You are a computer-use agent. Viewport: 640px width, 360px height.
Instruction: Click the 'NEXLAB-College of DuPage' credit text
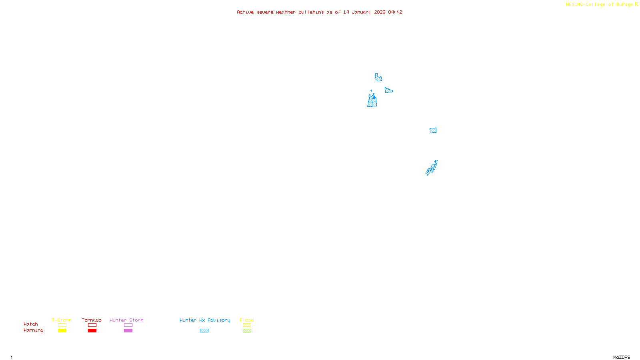(599, 5)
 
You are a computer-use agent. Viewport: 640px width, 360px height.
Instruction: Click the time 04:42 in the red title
(395, 12)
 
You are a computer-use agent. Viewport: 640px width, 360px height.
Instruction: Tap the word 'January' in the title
(361, 12)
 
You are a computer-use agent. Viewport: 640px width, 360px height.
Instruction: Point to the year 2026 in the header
(380, 12)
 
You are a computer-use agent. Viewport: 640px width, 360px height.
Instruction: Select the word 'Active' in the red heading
(245, 12)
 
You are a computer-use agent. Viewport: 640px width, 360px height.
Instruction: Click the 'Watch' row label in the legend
(31, 324)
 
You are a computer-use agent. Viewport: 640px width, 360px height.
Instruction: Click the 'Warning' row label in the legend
(33, 330)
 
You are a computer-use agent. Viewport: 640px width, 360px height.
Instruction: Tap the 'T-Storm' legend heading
(62, 320)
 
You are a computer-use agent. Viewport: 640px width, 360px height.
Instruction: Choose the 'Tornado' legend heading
(92, 320)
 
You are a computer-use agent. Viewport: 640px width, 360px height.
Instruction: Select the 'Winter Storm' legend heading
(126, 320)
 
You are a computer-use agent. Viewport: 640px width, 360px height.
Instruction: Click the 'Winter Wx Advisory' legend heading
(205, 320)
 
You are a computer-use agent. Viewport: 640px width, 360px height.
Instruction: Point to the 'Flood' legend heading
(247, 320)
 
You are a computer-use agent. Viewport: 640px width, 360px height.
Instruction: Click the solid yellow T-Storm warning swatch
(62, 331)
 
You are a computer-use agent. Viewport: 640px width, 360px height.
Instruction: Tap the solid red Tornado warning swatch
(92, 331)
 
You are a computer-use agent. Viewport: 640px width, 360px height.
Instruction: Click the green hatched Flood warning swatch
(247, 331)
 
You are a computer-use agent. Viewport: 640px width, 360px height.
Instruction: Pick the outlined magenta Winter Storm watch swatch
(128, 325)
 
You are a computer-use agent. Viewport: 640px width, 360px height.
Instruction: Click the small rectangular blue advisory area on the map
(433, 130)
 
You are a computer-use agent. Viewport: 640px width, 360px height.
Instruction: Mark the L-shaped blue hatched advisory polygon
(378, 78)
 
